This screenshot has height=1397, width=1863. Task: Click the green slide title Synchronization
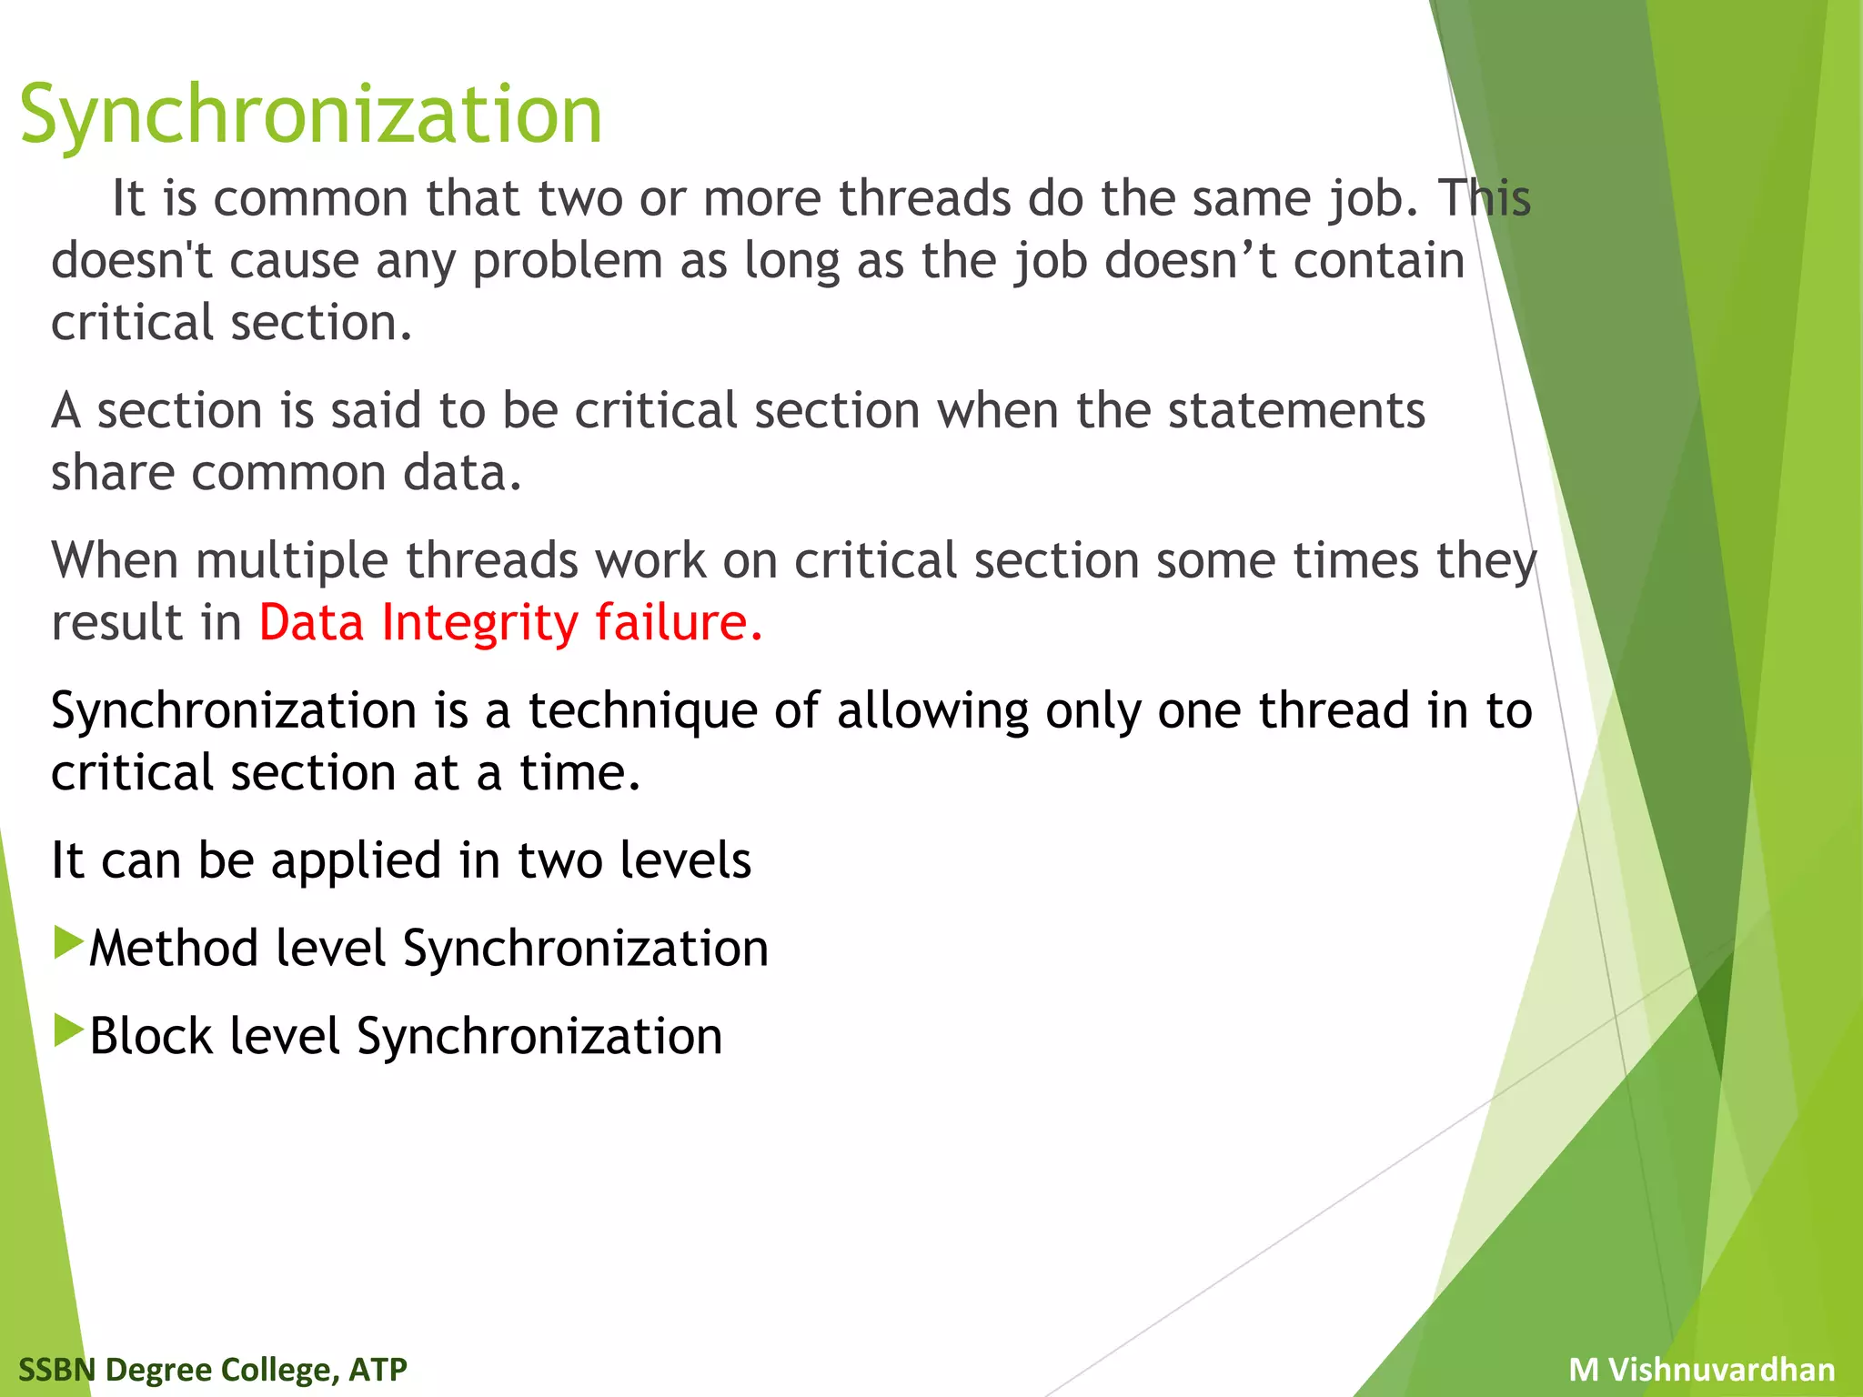click(310, 116)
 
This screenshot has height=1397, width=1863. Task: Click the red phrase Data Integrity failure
click(509, 623)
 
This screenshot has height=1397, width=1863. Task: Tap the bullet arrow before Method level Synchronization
click(68, 943)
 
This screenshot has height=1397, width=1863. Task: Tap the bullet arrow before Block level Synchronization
click(68, 1030)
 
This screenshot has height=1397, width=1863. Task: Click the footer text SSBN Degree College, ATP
click(212, 1369)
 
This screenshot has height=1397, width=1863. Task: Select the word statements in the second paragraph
click(1295, 411)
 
